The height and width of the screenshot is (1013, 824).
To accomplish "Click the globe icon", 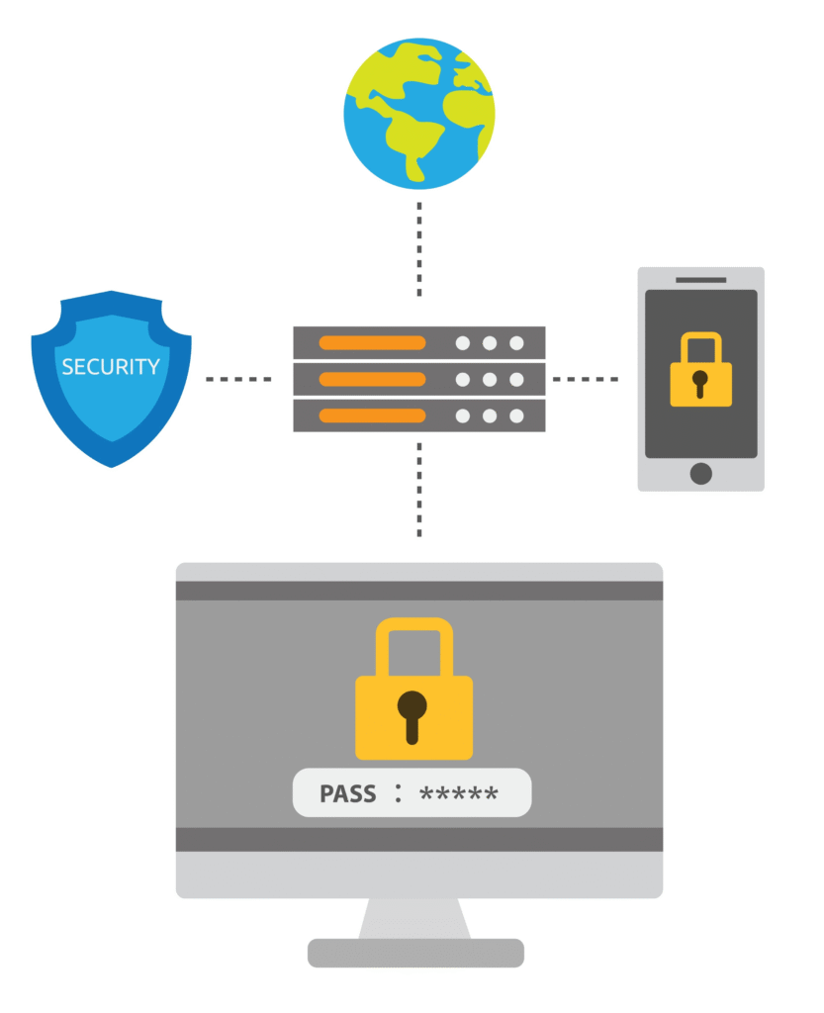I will click(x=418, y=114).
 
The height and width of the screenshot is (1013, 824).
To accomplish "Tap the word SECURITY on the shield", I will click(x=111, y=367).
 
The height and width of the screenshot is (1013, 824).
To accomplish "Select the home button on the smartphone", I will click(x=700, y=473).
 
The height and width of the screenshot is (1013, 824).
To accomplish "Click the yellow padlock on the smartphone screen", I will click(x=700, y=374).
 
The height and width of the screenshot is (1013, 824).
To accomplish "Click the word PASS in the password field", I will click(x=348, y=794).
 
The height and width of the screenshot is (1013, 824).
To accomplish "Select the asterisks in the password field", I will click(x=459, y=794).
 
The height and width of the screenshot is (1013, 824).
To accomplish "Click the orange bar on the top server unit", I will click(x=372, y=343).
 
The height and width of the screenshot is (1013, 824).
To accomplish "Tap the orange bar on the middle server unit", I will click(x=372, y=379).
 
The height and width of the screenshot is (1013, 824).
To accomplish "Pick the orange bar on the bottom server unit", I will click(x=372, y=414).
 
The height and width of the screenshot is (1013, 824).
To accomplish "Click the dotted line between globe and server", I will click(x=418, y=249).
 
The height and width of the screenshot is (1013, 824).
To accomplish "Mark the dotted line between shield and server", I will click(x=238, y=379).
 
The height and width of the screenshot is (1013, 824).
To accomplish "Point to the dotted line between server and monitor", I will click(x=418, y=490).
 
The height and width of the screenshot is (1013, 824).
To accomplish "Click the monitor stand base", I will click(x=415, y=953).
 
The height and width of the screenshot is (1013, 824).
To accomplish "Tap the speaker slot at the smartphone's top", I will click(x=700, y=280).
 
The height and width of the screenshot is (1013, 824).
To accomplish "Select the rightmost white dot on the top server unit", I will click(x=516, y=343).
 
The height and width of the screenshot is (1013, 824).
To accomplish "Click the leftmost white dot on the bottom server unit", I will click(x=462, y=414).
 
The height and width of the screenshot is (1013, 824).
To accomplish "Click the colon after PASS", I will click(x=398, y=793).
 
